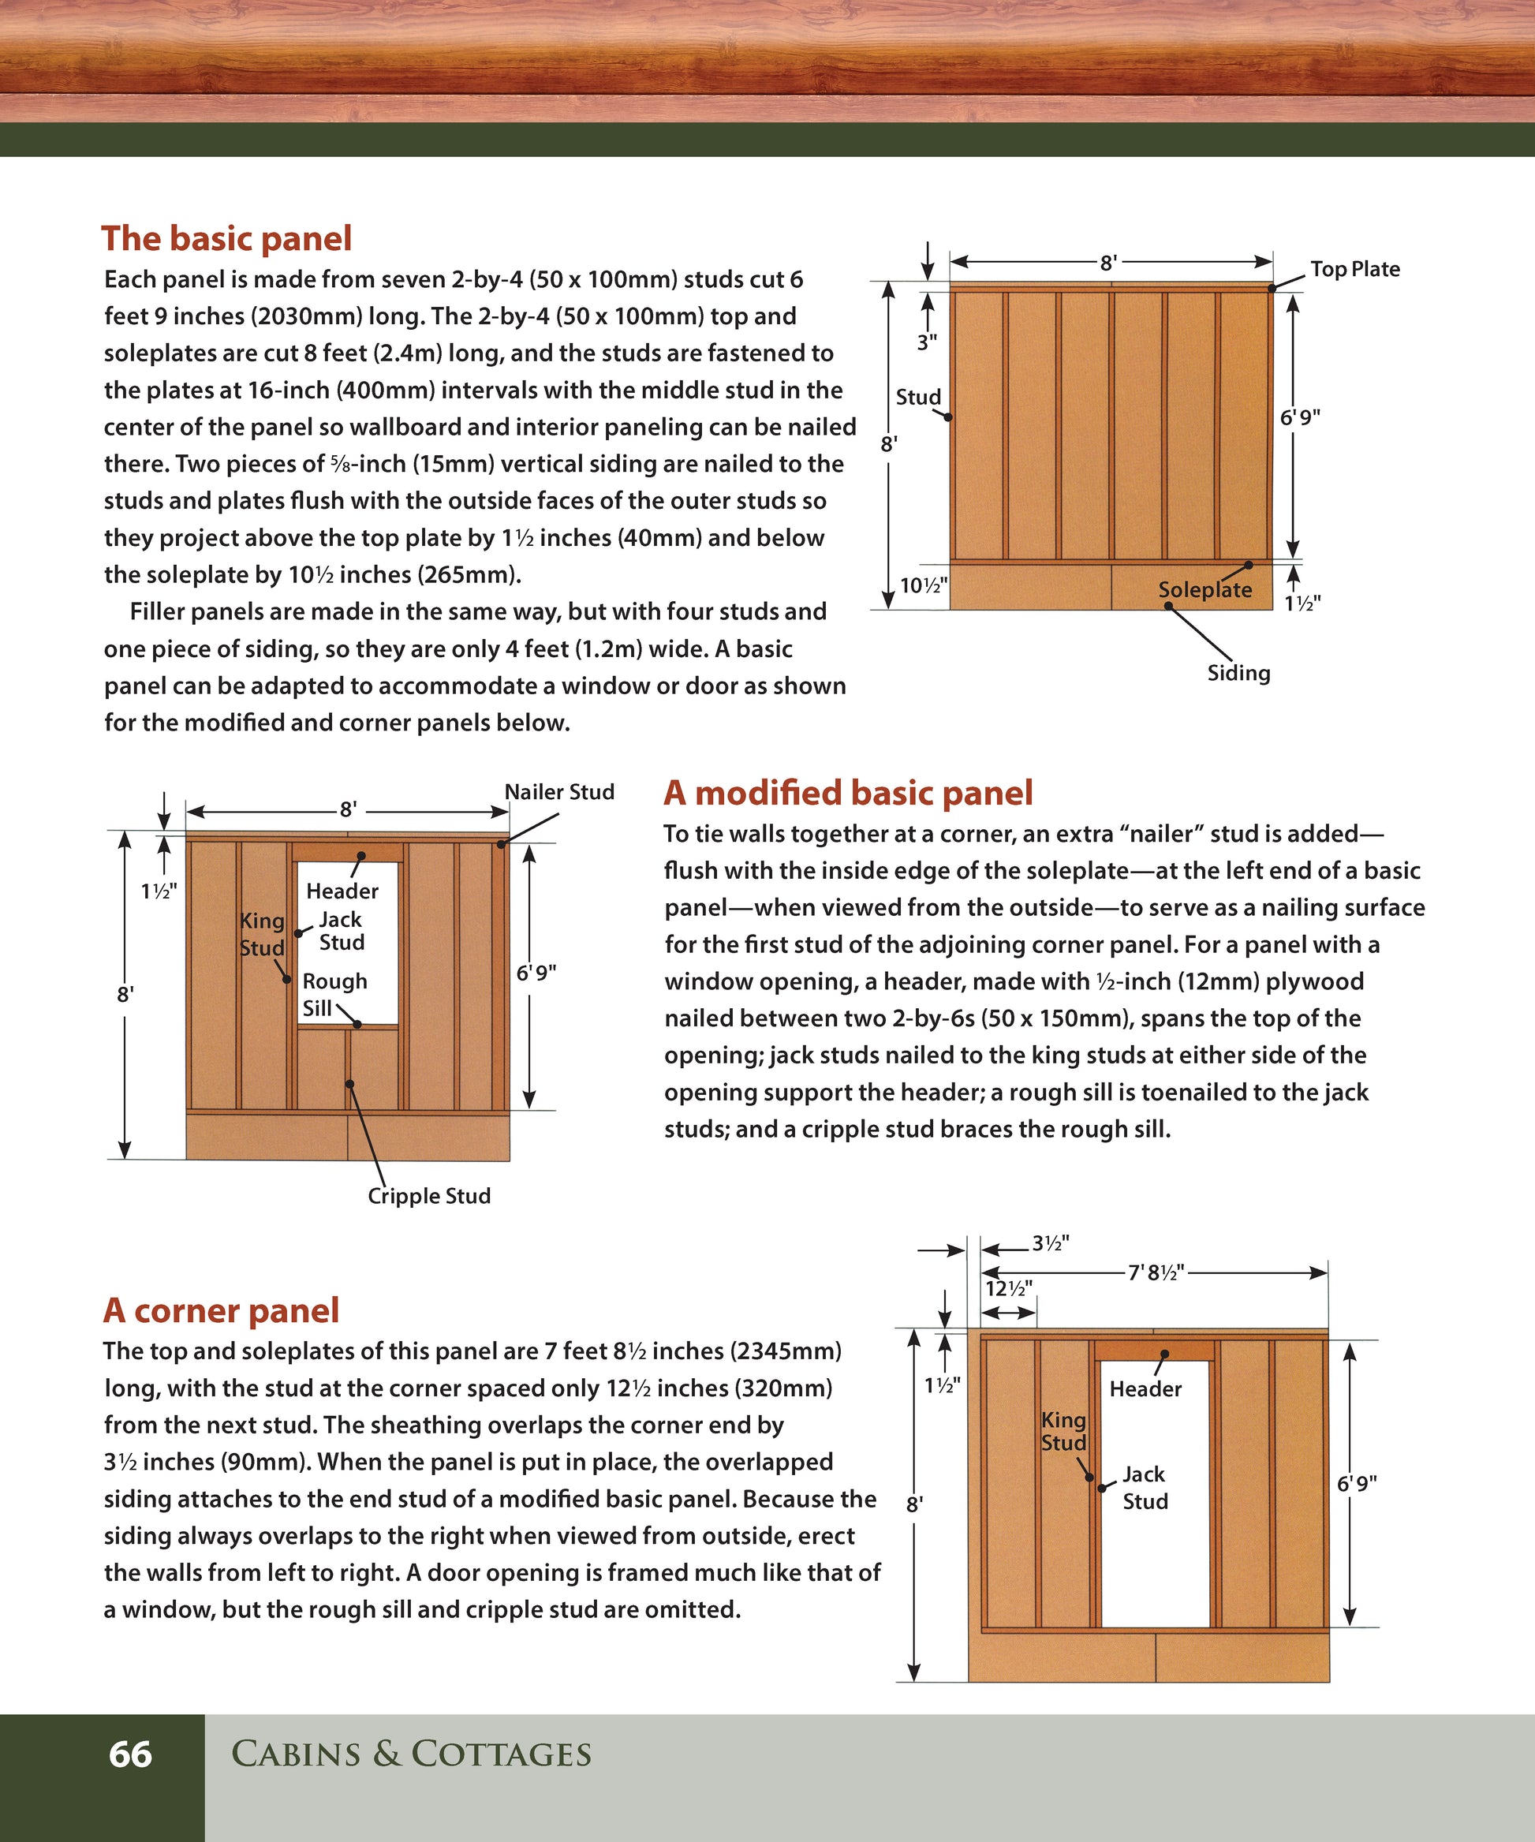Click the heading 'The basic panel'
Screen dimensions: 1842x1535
(226, 238)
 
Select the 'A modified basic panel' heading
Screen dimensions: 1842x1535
(847, 793)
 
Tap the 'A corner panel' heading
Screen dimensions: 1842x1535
(221, 1310)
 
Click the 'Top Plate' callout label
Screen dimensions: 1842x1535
(1354, 269)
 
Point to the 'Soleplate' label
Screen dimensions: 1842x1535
(1204, 589)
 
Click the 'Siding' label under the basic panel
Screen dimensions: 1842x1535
(1238, 673)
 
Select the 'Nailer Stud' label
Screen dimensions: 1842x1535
(558, 792)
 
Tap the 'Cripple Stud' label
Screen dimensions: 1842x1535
(429, 1196)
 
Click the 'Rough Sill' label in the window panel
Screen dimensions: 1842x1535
(334, 994)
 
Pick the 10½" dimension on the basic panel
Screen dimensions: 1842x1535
(924, 585)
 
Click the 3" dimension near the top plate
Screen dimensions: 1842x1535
(927, 343)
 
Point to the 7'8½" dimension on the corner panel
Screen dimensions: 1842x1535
(1156, 1272)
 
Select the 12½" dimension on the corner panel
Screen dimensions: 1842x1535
(1009, 1288)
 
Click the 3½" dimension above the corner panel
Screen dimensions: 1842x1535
(1050, 1243)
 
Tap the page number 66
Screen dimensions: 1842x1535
(130, 1754)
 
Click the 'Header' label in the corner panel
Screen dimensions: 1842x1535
(1145, 1388)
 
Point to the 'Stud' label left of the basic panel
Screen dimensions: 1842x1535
(917, 398)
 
